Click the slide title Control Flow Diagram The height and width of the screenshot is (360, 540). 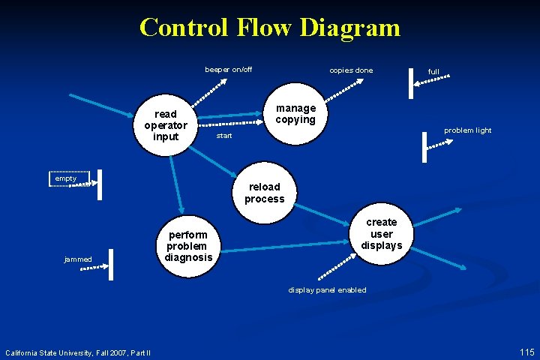pos(270,28)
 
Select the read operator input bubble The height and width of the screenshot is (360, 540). pos(166,125)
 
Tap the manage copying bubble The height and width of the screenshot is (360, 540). pos(295,114)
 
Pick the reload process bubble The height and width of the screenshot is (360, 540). pos(264,193)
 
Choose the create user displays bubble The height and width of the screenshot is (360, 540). pos(381,234)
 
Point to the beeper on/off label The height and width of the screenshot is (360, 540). pos(229,70)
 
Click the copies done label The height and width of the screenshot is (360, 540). pos(351,70)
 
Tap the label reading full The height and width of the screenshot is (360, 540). pos(433,72)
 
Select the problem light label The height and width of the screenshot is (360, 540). pos(467,130)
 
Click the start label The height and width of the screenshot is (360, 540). pos(224,136)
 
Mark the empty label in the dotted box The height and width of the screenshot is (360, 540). pos(66,178)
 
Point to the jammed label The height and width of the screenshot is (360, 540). pos(78,259)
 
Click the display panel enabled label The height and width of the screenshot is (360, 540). pos(328,290)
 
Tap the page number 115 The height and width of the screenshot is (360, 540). pos(526,352)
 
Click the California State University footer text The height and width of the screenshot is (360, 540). pos(78,352)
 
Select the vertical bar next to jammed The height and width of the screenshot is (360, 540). pos(111,262)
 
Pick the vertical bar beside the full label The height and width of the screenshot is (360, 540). pos(412,82)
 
